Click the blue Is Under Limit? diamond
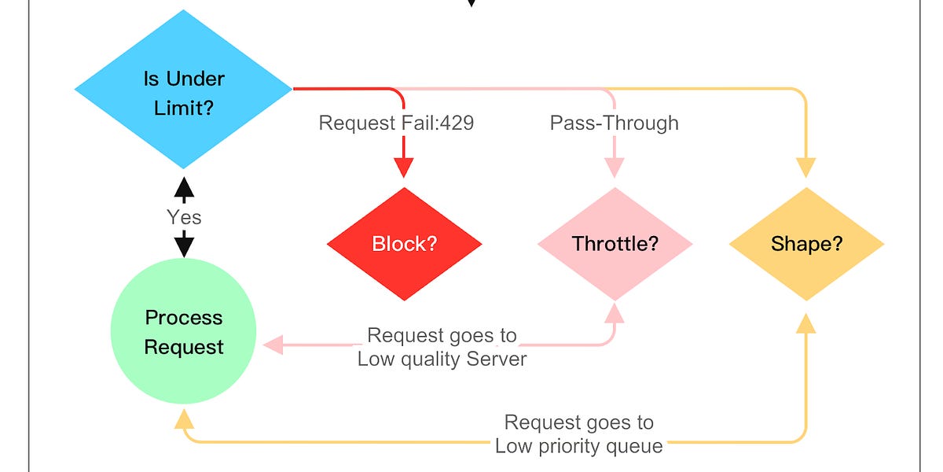[x=183, y=91]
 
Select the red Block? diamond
[x=404, y=244]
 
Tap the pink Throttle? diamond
[x=615, y=244]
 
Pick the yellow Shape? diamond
[x=806, y=244]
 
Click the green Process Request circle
[x=184, y=332]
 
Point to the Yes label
[x=184, y=217]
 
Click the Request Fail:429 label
[x=396, y=123]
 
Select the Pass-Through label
[x=614, y=123]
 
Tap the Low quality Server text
[x=442, y=359]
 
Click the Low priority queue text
[x=578, y=446]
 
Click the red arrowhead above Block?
[x=403, y=168]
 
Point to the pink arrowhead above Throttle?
[x=615, y=168]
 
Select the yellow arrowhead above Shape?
[x=806, y=168]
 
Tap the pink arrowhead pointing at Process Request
[x=273, y=345]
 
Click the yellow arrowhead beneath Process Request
[x=184, y=417]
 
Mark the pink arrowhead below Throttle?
[x=615, y=312]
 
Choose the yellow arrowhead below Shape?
[x=806, y=322]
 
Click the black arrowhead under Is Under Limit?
[x=183, y=186]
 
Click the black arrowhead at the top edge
[x=471, y=2]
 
